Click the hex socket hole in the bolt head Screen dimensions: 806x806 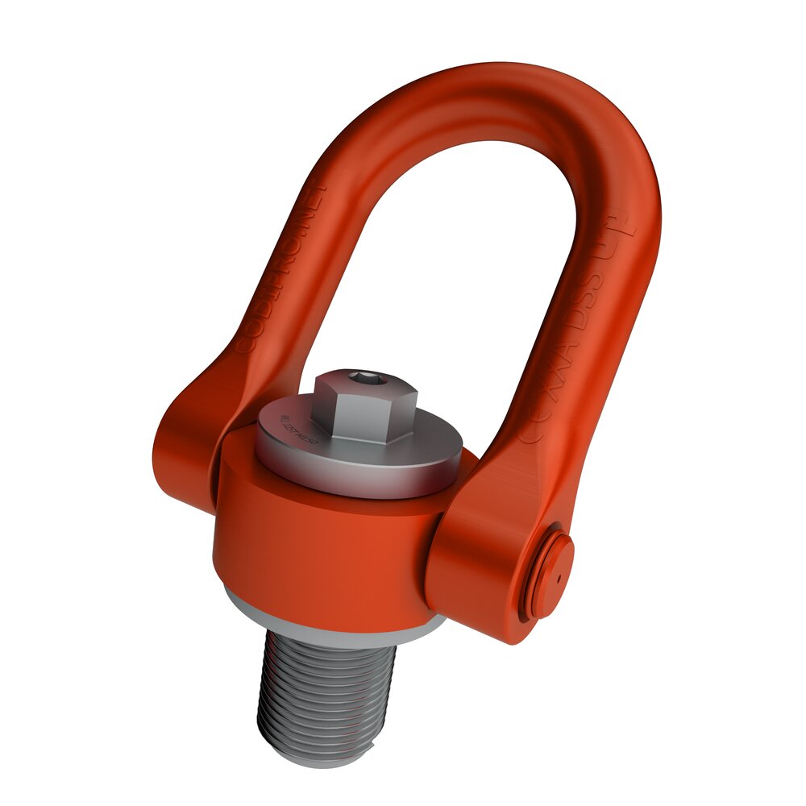[x=365, y=378]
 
